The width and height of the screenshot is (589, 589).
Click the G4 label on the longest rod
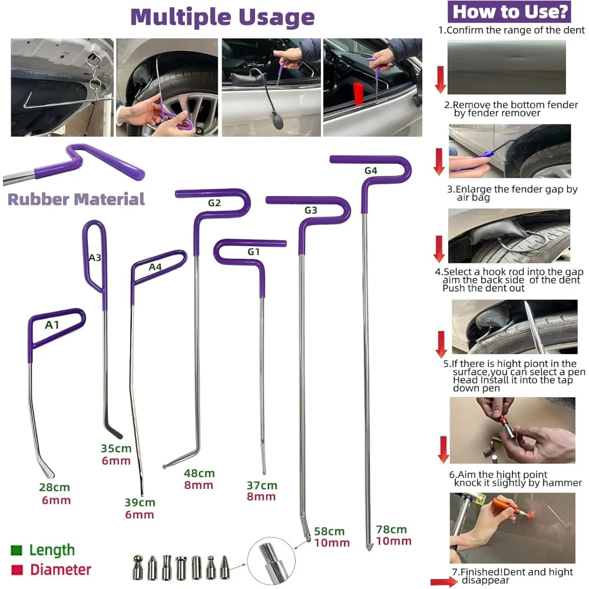pos(370,171)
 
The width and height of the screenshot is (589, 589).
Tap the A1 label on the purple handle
pos(52,324)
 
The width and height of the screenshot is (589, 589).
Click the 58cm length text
pos(331,531)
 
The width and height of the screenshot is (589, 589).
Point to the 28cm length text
pos(55,487)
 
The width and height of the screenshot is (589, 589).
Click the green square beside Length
pos(16,551)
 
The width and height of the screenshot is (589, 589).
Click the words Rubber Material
pos(76,199)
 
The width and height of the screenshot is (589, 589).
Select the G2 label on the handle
pos(214,203)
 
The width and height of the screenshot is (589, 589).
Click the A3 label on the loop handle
pos(95,257)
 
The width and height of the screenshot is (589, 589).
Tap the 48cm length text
pos(199,473)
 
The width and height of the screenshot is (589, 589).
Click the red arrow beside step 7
pos(443,583)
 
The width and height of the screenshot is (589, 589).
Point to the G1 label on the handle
pos(253,252)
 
